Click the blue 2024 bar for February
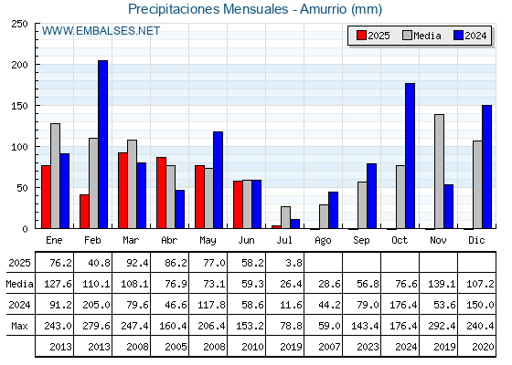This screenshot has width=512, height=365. point(102,144)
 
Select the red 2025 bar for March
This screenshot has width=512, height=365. point(123,191)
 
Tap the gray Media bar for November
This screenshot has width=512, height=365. point(439,172)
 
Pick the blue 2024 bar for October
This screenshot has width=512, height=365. point(411,156)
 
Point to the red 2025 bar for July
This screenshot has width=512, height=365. point(276,227)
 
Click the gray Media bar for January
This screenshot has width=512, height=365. point(55,176)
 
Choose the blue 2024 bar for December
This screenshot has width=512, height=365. point(486,167)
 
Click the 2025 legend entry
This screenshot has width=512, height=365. point(373,36)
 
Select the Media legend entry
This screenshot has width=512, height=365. point(421,36)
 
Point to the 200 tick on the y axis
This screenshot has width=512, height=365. point(20,65)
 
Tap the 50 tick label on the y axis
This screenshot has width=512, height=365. point(22,188)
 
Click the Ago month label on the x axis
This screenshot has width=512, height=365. point(323,241)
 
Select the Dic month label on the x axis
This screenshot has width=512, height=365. point(476,240)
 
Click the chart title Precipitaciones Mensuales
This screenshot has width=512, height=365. point(208,9)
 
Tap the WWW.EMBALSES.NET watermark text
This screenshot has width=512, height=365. point(101,31)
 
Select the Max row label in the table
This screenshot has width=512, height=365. point(19,326)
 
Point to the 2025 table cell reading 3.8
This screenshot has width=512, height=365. point(293,263)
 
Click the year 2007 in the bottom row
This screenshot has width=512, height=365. point(329,347)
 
